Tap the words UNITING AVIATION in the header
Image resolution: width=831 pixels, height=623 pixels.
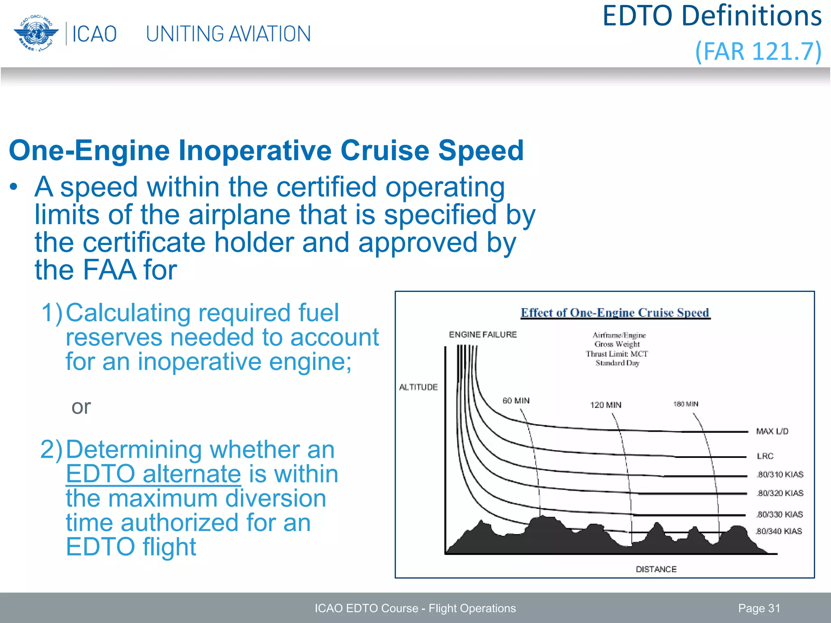point(228,34)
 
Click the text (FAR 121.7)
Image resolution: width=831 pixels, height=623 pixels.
point(758,52)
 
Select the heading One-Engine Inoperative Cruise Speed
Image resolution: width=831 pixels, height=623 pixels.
point(266,150)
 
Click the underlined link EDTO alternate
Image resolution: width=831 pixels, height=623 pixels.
point(153,474)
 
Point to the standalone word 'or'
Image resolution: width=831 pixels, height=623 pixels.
point(81,407)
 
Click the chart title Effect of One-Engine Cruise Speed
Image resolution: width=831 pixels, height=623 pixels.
point(615,313)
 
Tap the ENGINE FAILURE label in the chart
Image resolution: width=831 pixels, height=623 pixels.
point(482,335)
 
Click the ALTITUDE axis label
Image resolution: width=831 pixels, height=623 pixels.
point(418,387)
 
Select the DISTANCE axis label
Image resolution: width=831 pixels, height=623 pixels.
point(656,569)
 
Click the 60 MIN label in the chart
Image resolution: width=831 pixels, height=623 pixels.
point(516,401)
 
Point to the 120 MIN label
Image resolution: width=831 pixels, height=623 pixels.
point(605,405)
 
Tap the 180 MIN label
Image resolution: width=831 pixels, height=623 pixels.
point(685,404)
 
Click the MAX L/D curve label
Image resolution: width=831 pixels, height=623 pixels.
point(772,432)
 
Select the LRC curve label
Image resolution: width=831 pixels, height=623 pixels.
point(765,456)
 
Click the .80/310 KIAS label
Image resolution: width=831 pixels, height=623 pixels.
point(779,475)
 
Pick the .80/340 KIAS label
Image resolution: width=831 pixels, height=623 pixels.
point(779,531)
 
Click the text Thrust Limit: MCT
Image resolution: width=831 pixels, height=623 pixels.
point(616,354)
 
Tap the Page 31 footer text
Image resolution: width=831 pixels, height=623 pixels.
point(759,608)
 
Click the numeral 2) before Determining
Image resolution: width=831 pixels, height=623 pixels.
point(52,450)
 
